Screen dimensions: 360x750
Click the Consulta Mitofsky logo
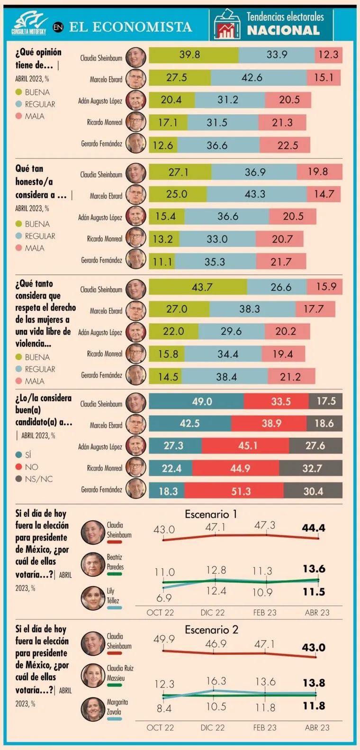(x=29, y=23)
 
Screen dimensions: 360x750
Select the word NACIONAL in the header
(x=283, y=30)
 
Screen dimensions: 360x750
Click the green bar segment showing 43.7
(x=198, y=287)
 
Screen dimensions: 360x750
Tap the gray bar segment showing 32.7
(x=311, y=468)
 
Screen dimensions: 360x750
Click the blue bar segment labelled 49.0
(x=196, y=401)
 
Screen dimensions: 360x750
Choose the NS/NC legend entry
(x=34, y=479)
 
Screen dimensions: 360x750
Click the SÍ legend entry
(x=23, y=455)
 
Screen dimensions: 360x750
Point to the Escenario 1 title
(x=211, y=514)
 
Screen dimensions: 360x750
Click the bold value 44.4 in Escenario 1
(x=314, y=528)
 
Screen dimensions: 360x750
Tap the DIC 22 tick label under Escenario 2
(x=212, y=728)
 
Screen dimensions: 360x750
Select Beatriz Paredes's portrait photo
(x=93, y=564)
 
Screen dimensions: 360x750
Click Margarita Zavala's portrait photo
(x=93, y=709)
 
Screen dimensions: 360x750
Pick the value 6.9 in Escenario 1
(x=164, y=597)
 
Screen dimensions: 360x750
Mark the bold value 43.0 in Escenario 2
(x=314, y=647)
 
